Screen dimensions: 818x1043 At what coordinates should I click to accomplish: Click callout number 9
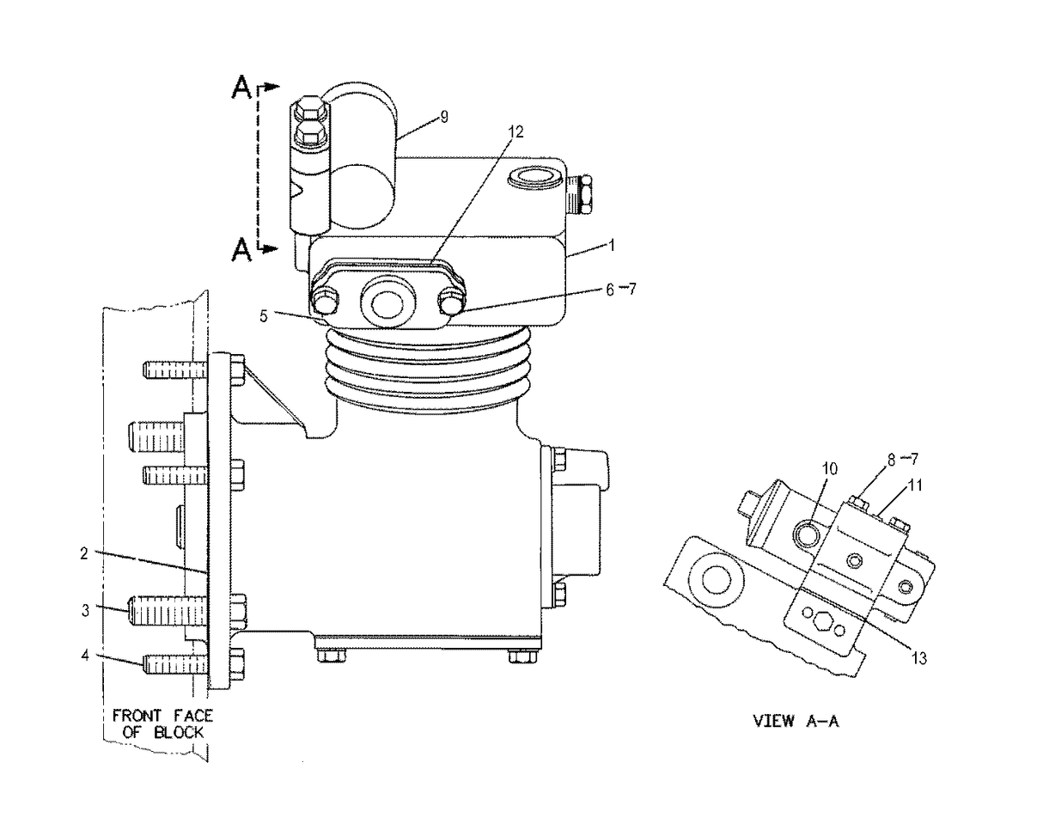point(443,118)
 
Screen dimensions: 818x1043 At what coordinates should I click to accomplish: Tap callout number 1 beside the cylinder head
point(611,245)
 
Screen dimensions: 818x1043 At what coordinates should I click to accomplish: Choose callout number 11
point(915,485)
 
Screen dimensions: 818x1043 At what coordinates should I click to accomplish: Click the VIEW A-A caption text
point(796,721)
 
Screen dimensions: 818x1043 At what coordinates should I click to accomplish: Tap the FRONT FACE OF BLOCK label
point(157,723)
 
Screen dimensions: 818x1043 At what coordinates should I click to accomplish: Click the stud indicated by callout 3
point(168,610)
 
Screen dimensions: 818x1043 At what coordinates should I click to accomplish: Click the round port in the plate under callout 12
point(385,304)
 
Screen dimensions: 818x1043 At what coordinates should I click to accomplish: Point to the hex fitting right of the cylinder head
point(579,195)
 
